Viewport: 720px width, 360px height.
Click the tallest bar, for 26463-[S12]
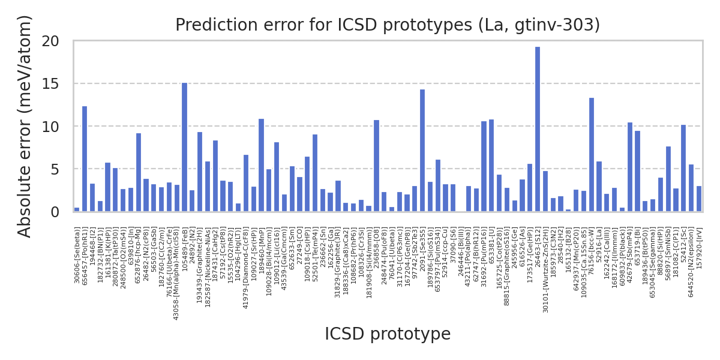click(x=538, y=129)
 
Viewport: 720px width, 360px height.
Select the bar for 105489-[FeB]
click(x=184, y=147)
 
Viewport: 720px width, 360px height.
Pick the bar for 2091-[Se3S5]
click(x=422, y=151)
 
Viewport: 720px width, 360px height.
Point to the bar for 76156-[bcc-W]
click(x=592, y=155)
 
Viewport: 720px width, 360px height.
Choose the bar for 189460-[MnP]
click(x=261, y=165)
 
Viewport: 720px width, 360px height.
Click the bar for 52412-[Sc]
click(x=683, y=168)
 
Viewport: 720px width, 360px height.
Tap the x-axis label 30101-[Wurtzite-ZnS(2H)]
click(x=545, y=265)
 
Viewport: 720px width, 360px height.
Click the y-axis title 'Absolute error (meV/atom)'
click(x=25, y=126)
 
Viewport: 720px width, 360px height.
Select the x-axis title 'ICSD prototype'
click(x=388, y=334)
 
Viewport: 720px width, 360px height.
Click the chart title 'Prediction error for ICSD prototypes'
click(x=388, y=25)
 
